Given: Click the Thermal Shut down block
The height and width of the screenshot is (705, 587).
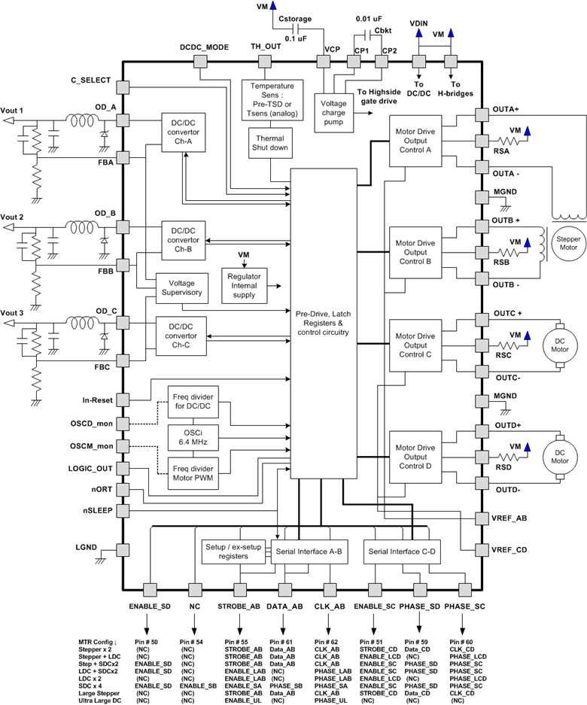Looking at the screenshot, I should (269, 144).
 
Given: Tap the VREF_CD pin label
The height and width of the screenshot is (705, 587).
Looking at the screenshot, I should (510, 549).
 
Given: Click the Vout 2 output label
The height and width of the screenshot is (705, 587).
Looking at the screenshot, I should (13, 217).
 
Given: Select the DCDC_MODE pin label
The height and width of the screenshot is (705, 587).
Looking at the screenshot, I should (204, 47).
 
